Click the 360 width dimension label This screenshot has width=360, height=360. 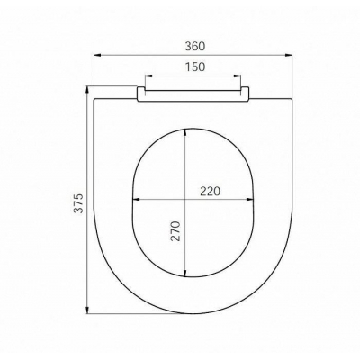click(x=195, y=47)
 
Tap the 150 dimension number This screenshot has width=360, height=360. click(x=195, y=67)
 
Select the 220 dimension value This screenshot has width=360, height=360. click(x=210, y=191)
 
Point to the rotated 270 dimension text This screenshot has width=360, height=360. click(x=175, y=231)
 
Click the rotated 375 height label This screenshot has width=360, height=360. click(x=78, y=203)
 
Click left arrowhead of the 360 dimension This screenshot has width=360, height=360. click(x=98, y=55)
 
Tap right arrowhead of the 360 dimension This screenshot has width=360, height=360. click(x=289, y=55)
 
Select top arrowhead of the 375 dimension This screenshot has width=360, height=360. click(x=87, y=90)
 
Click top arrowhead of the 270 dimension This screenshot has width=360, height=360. click(x=185, y=132)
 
